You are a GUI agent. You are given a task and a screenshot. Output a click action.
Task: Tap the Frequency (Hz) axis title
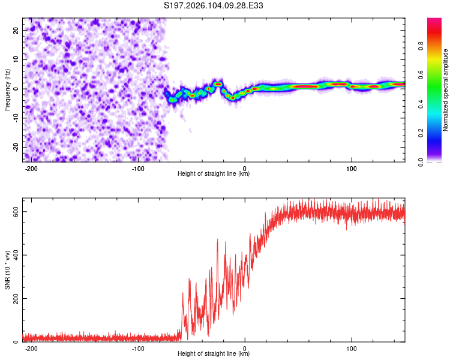8,89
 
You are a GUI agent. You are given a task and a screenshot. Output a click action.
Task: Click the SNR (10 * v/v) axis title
8,269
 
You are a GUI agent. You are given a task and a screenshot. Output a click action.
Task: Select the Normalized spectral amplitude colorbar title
445,90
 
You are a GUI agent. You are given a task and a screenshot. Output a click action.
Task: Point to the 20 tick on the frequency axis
17,30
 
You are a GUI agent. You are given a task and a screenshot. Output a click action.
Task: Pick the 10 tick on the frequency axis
17,59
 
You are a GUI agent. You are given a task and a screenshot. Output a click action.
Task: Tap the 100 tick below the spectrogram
352,168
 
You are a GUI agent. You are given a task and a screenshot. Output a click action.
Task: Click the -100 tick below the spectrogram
138,168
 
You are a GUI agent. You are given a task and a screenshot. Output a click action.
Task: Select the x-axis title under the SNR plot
214,354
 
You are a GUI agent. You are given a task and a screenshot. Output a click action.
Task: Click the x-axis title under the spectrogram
214,174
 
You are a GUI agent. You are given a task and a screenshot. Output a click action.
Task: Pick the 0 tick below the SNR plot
245,348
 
